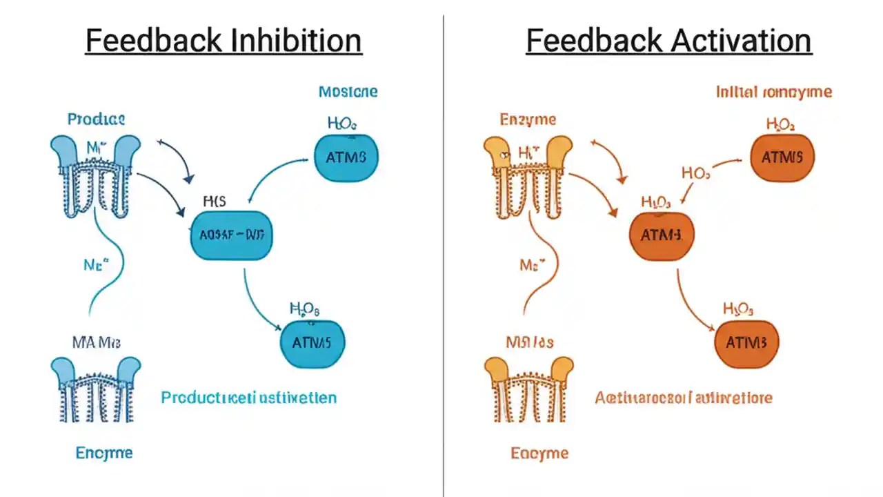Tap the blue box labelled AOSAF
click(231, 235)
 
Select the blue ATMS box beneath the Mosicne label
click(346, 157)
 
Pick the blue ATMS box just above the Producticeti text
click(312, 342)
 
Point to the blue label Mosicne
click(348, 92)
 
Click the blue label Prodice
click(96, 119)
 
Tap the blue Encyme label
click(103, 453)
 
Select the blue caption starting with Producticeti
click(248, 398)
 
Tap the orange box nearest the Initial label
click(782, 157)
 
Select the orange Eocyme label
click(539, 453)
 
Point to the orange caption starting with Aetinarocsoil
click(683, 398)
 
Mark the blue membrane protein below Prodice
click(95, 176)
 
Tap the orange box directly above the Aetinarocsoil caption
click(746, 342)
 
